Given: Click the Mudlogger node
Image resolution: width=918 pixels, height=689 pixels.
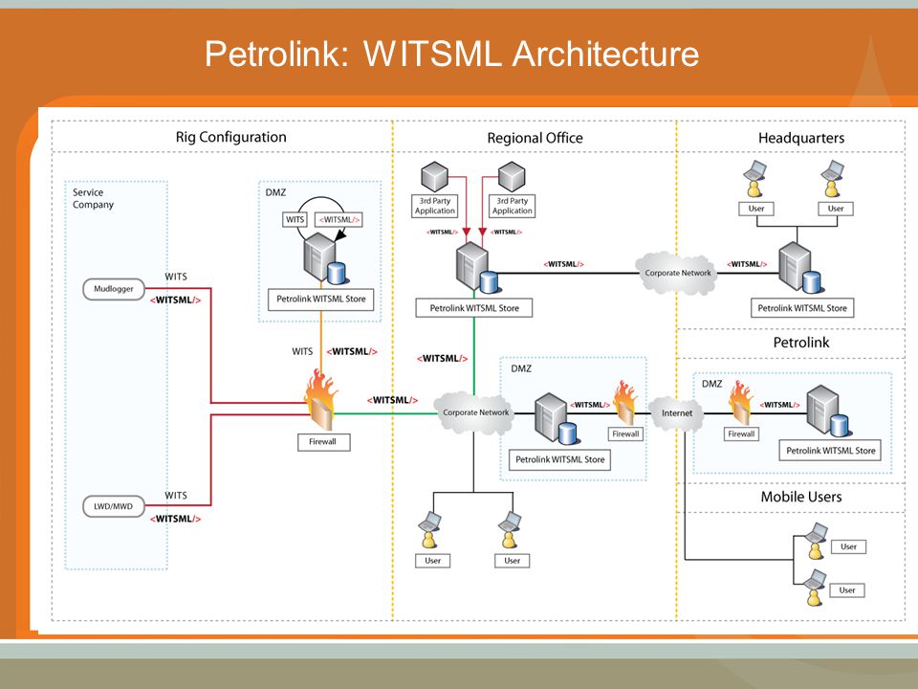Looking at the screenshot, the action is pos(114,289).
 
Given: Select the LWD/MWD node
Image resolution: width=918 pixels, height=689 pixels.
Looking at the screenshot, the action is pos(114,506).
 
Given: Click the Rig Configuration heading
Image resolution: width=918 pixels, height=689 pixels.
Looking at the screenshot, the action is pos(231,137).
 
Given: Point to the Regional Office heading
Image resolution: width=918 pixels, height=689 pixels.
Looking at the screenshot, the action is pos(535,138).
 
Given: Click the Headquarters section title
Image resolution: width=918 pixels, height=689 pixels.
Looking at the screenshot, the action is pos(801,138).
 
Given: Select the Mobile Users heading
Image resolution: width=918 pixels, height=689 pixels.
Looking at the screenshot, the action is pos(801,497).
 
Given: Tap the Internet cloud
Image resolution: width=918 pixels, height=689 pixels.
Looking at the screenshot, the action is pos(677,413).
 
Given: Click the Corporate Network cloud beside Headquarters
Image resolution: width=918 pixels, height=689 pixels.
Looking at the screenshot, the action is pos(677,273).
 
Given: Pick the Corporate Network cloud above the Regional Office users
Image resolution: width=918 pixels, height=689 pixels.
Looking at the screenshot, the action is pos(475,412).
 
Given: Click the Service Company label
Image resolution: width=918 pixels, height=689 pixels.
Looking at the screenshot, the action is pos(93,198).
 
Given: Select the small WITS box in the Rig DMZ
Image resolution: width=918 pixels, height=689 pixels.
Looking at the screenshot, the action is pos(295,220).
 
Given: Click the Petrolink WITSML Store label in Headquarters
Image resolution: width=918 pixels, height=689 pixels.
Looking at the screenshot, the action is pos(802,308).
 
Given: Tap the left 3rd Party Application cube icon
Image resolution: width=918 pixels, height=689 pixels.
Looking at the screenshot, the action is pos(434,176).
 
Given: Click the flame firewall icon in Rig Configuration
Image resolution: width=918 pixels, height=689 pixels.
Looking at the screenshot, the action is pos(320,400).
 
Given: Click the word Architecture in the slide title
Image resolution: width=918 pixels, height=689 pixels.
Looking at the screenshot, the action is pos(605,54).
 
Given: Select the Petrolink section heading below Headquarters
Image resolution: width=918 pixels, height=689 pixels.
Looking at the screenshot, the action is pos(801,343).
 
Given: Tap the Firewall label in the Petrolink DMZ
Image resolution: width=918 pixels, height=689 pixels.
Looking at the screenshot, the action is pos(741,434).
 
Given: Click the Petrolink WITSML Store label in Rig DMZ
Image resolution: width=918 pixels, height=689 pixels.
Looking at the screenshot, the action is pos(321,299).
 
